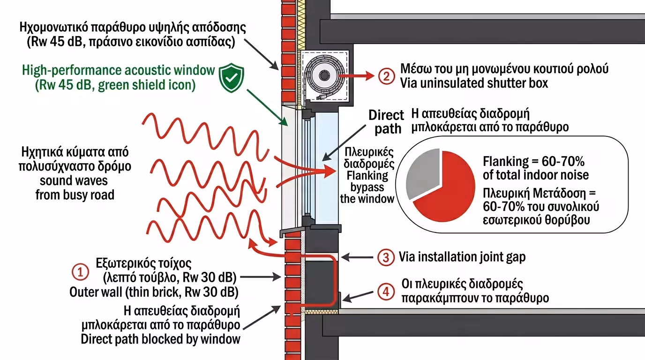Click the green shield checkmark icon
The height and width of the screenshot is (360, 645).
[x=232, y=78]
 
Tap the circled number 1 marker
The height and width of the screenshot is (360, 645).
[x=80, y=271]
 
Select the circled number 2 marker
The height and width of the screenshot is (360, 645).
[x=386, y=76]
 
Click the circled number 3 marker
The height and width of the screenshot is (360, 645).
[x=385, y=257]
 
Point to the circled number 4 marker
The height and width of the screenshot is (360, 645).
[x=385, y=292]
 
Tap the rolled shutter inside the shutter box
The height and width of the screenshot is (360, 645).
[x=323, y=75]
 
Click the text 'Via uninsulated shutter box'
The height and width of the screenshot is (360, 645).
[x=474, y=83]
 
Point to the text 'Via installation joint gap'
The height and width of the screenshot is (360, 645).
[x=462, y=257]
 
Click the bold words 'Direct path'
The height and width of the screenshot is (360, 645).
[x=386, y=122]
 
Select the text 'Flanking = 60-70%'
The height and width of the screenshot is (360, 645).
[x=533, y=162]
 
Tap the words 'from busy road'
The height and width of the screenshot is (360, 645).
[x=75, y=194]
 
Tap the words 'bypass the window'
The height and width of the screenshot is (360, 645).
[x=367, y=193]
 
